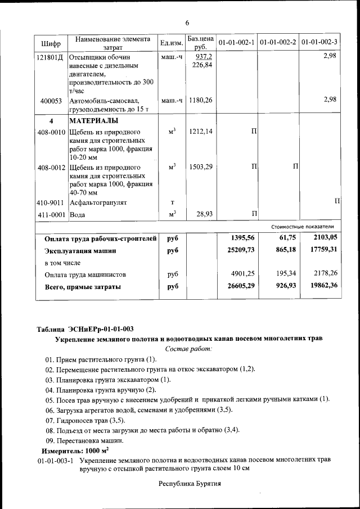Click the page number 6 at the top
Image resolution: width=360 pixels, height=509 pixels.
[187, 22]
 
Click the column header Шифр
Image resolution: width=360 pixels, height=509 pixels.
[51, 43]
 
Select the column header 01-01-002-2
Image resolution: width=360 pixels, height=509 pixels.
[278, 43]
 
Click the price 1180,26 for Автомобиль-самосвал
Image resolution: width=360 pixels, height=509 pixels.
[201, 101]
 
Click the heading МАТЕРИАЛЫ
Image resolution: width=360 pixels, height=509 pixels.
[93, 121]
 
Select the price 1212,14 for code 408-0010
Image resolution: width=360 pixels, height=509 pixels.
[201, 132]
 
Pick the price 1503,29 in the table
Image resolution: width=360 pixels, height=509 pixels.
[201, 167]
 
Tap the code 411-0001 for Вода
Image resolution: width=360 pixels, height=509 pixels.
[51, 214]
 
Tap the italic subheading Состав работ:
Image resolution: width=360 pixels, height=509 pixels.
[188, 349]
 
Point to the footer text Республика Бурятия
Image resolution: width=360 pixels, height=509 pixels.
[190, 484]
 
